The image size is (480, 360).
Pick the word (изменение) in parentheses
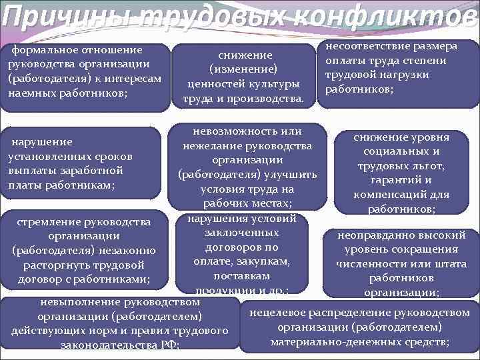click(243, 69)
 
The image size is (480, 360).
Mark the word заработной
click(93, 171)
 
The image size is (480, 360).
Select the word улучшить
click(291, 175)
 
